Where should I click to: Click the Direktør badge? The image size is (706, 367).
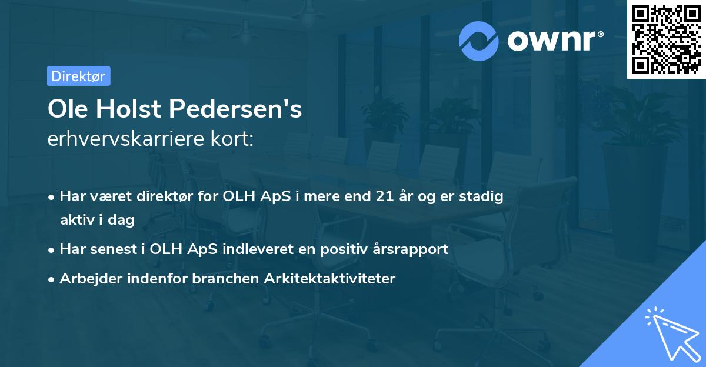(x=78, y=76)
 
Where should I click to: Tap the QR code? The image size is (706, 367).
(x=666, y=39)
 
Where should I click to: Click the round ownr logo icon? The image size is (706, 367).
(x=479, y=41)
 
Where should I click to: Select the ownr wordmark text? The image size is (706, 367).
(x=552, y=40)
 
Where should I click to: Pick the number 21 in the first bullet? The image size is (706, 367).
(x=385, y=197)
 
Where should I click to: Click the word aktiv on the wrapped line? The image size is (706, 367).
(x=78, y=220)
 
